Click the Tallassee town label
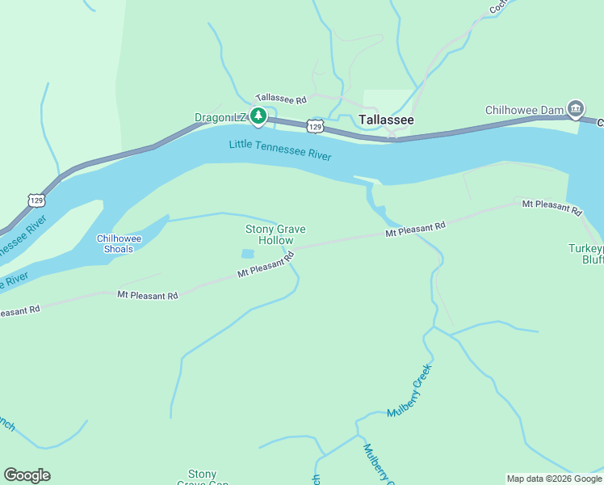coord(386,120)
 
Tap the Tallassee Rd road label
coord(281,99)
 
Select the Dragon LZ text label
coord(220,117)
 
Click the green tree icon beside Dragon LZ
coord(258,117)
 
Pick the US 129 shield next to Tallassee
coord(316,127)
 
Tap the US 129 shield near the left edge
coord(36,199)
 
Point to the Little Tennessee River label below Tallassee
coord(280,150)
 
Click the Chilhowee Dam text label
coord(523,110)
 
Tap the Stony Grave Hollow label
coord(275,234)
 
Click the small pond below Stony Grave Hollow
coord(248,254)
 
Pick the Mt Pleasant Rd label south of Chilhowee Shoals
coord(148,296)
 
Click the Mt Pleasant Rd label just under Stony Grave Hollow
coord(265,264)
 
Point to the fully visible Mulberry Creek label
coord(410,390)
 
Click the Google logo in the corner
coord(27,475)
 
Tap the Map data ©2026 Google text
coord(554,479)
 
